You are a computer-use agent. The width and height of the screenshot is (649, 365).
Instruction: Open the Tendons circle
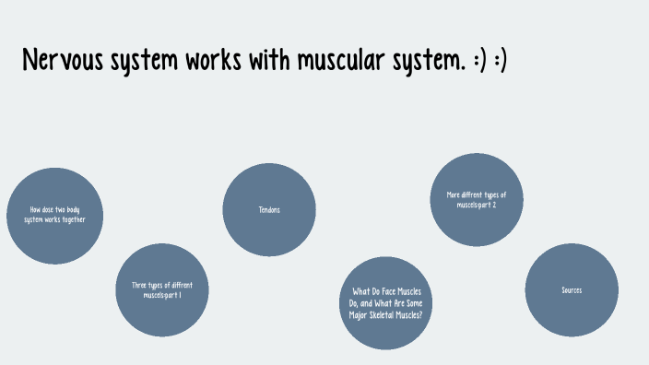tap(269, 210)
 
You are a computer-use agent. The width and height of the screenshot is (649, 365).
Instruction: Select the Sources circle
tap(572, 289)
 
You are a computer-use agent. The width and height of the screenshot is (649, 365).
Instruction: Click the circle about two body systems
tap(55, 216)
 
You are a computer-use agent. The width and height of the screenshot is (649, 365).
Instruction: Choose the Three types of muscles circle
tap(162, 289)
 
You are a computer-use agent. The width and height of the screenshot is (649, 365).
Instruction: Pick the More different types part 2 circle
tap(477, 199)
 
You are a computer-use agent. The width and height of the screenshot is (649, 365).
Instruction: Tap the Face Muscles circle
tap(386, 302)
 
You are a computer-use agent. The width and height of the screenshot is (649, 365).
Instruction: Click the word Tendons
tap(269, 210)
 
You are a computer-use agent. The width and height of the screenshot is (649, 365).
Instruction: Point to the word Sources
tap(572, 289)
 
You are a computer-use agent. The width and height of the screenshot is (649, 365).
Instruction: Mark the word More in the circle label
tap(453, 194)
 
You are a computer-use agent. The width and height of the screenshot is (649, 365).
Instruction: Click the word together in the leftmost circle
tap(77, 221)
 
